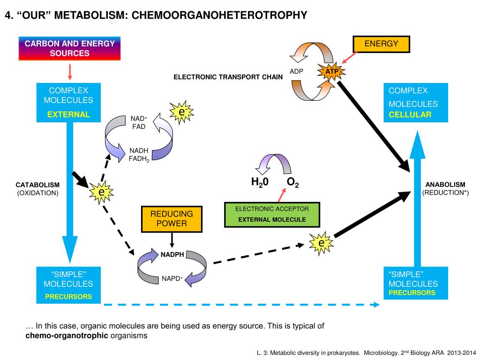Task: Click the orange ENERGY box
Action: [381, 44]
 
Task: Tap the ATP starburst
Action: [331, 72]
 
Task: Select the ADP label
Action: [296, 71]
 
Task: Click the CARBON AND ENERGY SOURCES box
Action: [69, 48]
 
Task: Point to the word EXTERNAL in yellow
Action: [68, 114]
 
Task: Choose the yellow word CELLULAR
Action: [410, 115]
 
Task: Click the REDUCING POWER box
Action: [172, 219]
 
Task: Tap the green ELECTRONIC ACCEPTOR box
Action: [272, 214]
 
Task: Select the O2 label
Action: [292, 182]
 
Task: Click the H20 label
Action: [260, 182]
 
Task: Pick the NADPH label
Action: [172, 255]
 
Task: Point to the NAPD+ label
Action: [172, 278]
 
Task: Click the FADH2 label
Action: [139, 159]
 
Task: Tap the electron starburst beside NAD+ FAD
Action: [181, 112]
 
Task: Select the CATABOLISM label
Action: [37, 185]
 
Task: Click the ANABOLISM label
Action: [445, 185]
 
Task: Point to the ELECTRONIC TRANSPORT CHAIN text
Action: [228, 77]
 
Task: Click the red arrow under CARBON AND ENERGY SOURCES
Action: [70, 72]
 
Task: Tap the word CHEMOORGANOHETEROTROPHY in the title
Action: [219, 15]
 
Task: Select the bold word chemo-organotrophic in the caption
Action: [67, 336]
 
